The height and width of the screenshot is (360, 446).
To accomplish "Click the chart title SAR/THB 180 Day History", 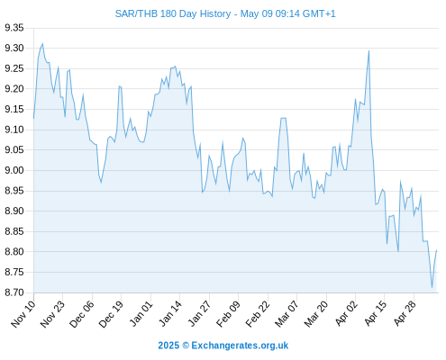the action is [x=173, y=13].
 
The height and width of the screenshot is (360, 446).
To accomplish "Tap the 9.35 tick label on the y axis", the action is [x=14, y=28].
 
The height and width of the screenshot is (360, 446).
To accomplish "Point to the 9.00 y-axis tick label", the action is [x=14, y=170].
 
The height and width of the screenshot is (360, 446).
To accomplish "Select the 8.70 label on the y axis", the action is [x=14, y=292].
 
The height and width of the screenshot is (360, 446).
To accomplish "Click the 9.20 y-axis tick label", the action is [x=14, y=89].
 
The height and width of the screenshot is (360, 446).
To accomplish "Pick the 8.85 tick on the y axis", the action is [x=14, y=231].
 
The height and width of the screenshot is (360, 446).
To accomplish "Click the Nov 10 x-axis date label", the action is [x=23, y=314].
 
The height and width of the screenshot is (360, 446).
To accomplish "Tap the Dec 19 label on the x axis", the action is [x=111, y=314].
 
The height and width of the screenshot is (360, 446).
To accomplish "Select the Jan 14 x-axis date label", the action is [x=170, y=314].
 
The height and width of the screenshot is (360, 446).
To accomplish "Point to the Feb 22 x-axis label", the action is [x=258, y=314].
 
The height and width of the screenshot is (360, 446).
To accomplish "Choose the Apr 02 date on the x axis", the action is [x=346, y=314].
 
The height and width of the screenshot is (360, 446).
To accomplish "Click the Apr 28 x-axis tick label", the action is [x=405, y=314].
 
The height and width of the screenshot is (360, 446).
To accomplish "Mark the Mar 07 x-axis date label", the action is [x=287, y=314].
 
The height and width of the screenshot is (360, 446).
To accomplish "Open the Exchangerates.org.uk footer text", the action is [x=240, y=346].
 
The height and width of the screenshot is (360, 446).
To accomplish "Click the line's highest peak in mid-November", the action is [x=42, y=44].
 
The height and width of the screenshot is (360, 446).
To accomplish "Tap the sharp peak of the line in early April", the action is [x=369, y=51].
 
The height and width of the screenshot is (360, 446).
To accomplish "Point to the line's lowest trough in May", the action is [x=432, y=287].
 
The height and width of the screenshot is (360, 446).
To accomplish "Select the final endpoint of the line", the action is [x=436, y=250].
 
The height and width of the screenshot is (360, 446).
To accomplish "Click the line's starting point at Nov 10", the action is [x=33, y=119].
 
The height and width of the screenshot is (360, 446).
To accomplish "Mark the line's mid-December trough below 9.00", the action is [x=101, y=182].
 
